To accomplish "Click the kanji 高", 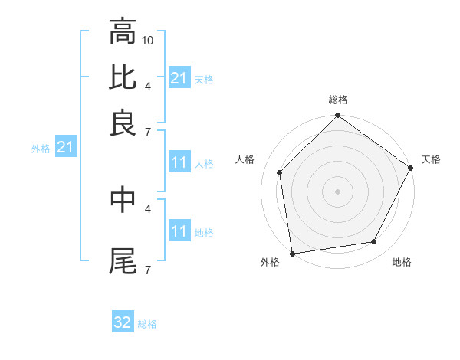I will point(123,33).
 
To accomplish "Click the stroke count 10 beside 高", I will point(148,40).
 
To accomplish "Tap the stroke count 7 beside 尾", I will point(147,269).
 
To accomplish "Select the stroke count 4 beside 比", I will point(147,85).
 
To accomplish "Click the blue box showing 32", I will point(123,322).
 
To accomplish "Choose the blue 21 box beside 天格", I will point(179,78).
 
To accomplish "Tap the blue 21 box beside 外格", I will point(64,147).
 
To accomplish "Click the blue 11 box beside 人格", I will point(179,162).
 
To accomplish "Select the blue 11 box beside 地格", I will point(179,231).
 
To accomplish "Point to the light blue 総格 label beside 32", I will point(147,324).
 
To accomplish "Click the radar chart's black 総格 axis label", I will point(338,100).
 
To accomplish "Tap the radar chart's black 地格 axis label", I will point(402,263).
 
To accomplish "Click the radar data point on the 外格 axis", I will point(292,254).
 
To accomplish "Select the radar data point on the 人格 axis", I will point(280,172).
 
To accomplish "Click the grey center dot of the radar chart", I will point(338,191).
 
